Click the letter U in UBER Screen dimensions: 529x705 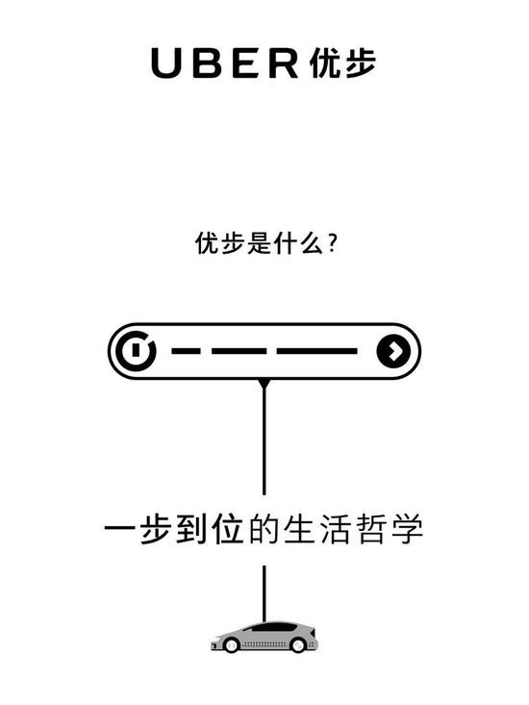(x=165, y=63)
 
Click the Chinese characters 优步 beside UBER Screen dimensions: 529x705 (x=342, y=63)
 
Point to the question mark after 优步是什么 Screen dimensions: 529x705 (x=333, y=243)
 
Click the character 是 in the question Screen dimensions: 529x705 (x=261, y=243)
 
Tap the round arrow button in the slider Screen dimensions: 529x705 (x=393, y=351)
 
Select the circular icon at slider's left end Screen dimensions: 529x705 (x=136, y=351)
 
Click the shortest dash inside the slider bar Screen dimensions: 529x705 (x=186, y=351)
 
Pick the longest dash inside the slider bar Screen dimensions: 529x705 (x=316, y=351)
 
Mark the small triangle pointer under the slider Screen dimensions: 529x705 (x=264, y=385)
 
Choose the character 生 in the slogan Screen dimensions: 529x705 (x=299, y=528)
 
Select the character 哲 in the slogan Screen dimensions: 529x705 (x=371, y=528)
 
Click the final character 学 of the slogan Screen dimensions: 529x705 (x=407, y=528)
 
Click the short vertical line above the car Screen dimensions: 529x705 (x=264, y=593)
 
